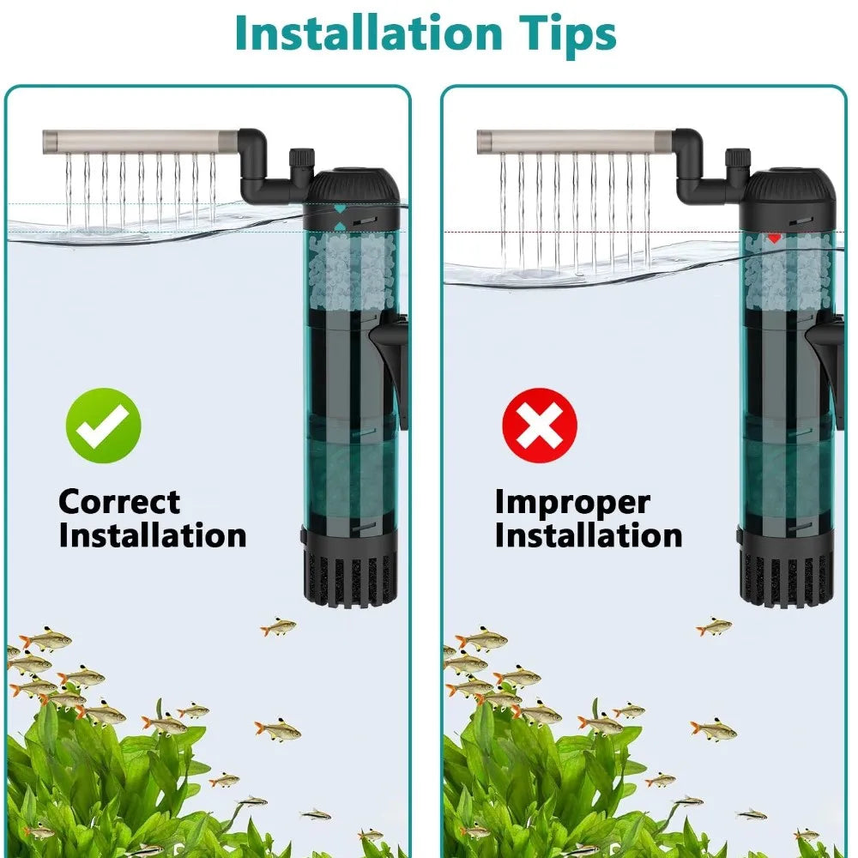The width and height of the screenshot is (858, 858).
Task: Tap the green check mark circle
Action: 104,426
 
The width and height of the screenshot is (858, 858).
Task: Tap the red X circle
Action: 540,426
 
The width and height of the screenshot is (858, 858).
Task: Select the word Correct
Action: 119,502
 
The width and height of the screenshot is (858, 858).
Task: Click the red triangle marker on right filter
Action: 774,238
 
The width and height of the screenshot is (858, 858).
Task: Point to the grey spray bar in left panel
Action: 141,142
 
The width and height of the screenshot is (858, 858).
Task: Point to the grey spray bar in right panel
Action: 575,142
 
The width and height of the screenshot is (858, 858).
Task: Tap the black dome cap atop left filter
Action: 352,186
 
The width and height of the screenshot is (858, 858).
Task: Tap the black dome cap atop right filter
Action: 790,186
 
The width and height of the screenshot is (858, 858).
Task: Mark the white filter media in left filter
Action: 351,272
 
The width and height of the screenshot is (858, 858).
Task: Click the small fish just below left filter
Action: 278,626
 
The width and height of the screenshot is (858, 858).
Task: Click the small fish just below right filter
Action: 714,626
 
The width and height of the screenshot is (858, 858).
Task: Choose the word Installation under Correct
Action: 153,535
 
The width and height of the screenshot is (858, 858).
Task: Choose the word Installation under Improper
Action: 589,535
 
